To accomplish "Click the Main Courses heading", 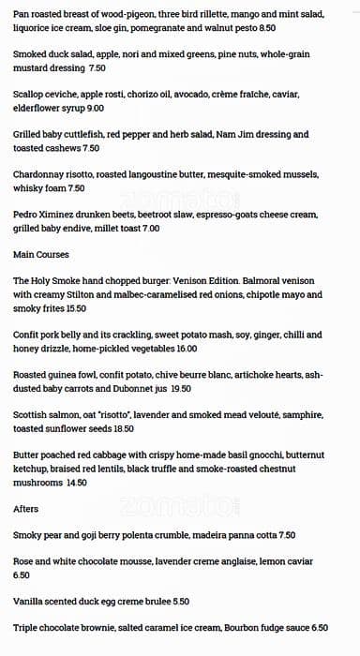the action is [x=40, y=254].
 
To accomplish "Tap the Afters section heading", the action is [x=26, y=509].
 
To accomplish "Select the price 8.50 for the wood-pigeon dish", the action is [x=266, y=29].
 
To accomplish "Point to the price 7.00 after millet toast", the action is [x=150, y=228].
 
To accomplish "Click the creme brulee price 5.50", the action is [x=181, y=602].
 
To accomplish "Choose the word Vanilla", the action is [x=31, y=602].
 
